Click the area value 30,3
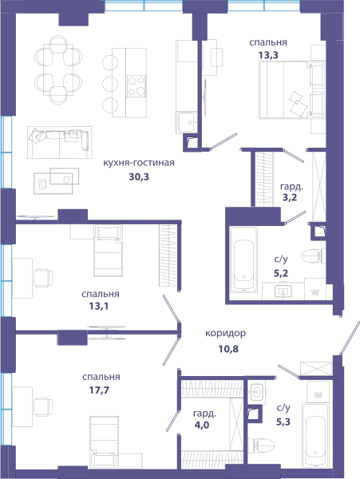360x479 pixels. click(x=139, y=176)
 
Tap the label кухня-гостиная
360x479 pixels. click(x=139, y=163)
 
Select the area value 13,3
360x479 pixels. click(x=268, y=55)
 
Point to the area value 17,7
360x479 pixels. click(x=99, y=390)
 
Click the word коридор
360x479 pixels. click(x=226, y=333)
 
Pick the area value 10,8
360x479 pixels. click(x=228, y=349)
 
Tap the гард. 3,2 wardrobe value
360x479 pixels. click(x=290, y=197)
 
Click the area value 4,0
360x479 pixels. click(x=202, y=425)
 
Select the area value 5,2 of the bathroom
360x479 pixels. click(x=281, y=273)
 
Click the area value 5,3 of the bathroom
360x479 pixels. click(x=283, y=422)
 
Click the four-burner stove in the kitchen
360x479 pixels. click(x=136, y=86)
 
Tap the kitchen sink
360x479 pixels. click(x=187, y=122)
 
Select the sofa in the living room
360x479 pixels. click(x=60, y=142)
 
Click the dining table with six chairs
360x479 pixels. click(x=58, y=70)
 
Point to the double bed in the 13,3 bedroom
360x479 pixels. click(x=291, y=89)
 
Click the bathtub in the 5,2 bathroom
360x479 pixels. click(x=243, y=259)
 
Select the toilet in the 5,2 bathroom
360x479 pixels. click(x=313, y=255)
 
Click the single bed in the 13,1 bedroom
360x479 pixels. click(x=108, y=251)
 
